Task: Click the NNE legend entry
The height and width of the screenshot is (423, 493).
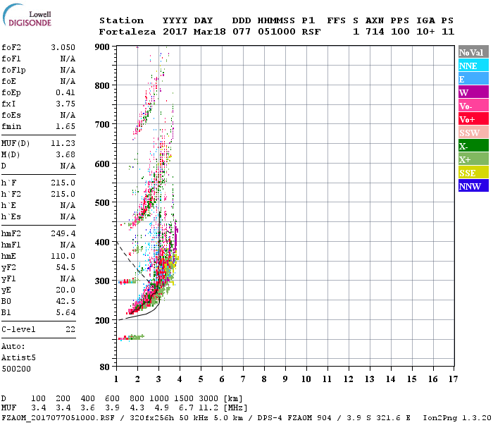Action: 473,66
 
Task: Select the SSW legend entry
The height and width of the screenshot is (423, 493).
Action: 473,133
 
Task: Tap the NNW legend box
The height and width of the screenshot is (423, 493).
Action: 473,186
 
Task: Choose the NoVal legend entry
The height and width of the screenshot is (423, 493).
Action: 473,52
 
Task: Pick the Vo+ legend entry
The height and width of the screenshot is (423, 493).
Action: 473,119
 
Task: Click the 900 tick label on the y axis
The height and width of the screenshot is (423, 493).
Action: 103,47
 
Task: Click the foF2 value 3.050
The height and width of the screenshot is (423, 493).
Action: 63,47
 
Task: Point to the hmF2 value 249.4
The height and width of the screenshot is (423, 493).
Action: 63,233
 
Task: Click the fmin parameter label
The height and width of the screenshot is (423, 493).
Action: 11,126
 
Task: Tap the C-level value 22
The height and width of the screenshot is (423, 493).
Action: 70,329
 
